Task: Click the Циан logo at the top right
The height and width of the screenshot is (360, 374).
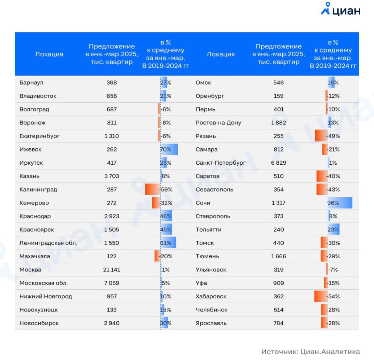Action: (x=340, y=10)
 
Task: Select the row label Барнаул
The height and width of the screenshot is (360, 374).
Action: (x=31, y=82)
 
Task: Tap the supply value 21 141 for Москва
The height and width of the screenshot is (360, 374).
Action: (x=111, y=270)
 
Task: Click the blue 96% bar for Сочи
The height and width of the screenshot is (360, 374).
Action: (x=340, y=203)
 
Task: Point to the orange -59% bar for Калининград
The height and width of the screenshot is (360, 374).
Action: (x=152, y=189)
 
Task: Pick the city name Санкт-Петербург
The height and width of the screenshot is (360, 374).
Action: (x=221, y=163)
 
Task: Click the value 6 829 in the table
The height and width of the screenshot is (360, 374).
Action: (x=279, y=163)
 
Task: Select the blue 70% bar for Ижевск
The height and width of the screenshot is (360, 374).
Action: (x=169, y=149)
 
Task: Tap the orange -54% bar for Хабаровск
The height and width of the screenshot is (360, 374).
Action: (x=321, y=296)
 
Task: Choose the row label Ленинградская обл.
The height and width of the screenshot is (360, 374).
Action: (x=48, y=243)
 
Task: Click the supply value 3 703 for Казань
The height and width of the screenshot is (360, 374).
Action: (x=111, y=176)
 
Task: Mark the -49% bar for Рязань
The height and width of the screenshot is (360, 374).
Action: (x=321, y=136)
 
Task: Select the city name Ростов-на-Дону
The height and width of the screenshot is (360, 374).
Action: (x=218, y=123)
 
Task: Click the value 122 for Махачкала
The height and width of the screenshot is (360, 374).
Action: (x=111, y=256)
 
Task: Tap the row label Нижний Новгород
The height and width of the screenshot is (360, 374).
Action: (x=46, y=296)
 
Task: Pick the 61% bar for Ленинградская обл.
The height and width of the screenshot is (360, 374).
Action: (x=168, y=243)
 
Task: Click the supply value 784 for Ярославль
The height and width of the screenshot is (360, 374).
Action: (x=279, y=323)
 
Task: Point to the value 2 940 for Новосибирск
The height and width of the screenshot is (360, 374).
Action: (x=111, y=323)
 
